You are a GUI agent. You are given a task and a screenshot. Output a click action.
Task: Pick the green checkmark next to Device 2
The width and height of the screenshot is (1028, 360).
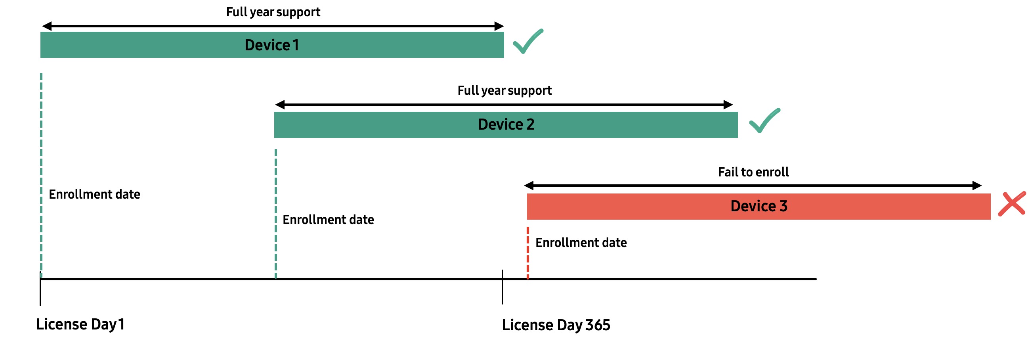click(764, 121)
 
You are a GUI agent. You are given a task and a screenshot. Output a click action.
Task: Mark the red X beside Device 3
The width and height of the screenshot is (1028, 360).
click(1012, 203)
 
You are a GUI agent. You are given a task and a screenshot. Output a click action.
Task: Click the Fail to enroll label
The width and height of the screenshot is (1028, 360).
click(753, 172)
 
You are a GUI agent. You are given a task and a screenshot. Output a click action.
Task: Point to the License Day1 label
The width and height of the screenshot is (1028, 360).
click(80, 324)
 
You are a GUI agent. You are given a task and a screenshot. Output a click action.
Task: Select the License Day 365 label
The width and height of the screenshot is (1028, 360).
click(556, 325)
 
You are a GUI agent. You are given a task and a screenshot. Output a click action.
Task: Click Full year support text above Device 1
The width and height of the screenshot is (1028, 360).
click(273, 12)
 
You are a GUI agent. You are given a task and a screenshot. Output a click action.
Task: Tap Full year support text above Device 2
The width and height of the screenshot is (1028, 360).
click(504, 91)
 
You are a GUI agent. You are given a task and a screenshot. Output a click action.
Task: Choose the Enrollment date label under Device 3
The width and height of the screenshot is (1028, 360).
click(581, 243)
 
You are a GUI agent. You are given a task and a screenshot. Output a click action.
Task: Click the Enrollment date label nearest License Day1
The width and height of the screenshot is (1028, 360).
click(94, 194)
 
